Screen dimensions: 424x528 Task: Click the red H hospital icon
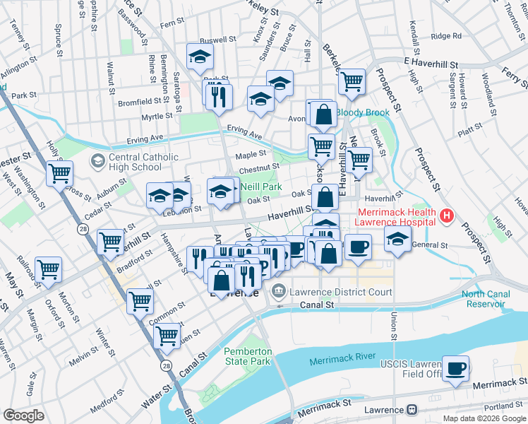coord(446,215)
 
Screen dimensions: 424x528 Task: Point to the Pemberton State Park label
coord(247,356)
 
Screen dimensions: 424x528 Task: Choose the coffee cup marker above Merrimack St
coord(456,368)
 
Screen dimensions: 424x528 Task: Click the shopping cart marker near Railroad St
coord(48,269)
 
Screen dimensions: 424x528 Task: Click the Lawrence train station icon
coord(410,410)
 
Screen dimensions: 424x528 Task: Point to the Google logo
coord(23,415)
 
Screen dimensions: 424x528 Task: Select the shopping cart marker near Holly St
coord(60,173)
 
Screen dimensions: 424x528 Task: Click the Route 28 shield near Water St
coord(166,365)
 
